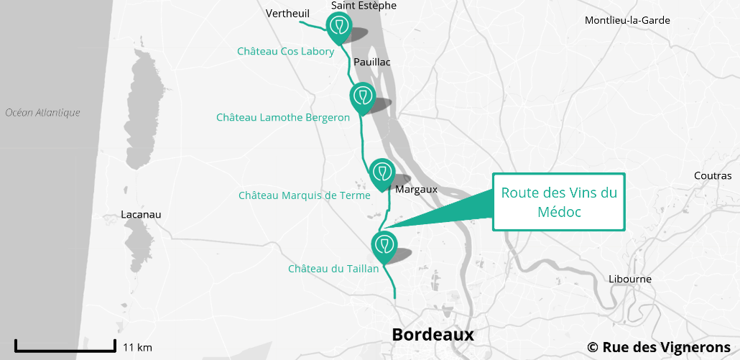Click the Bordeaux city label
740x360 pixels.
tap(433, 334)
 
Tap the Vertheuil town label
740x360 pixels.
tap(287, 14)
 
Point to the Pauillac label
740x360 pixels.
tap(372, 63)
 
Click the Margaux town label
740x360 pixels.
tap(416, 190)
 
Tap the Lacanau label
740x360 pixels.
tap(142, 215)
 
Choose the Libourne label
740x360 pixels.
tap(629, 279)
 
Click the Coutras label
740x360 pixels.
tap(713, 176)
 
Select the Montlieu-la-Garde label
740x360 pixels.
tap(627, 20)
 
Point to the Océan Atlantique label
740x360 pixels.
tap(42, 113)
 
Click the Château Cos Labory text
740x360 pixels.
tap(286, 52)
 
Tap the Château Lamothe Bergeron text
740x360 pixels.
tap(283, 117)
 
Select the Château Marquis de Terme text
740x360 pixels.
tap(305, 195)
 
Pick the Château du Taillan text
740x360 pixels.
tap(333, 269)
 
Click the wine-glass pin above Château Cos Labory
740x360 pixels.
tap(338, 27)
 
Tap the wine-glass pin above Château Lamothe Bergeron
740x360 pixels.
tap(362, 96)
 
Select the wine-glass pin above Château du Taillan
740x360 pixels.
tap(384, 244)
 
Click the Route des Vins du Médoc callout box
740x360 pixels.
tap(559, 202)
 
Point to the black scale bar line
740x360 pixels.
tap(65, 350)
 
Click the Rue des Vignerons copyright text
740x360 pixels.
tap(659, 347)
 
